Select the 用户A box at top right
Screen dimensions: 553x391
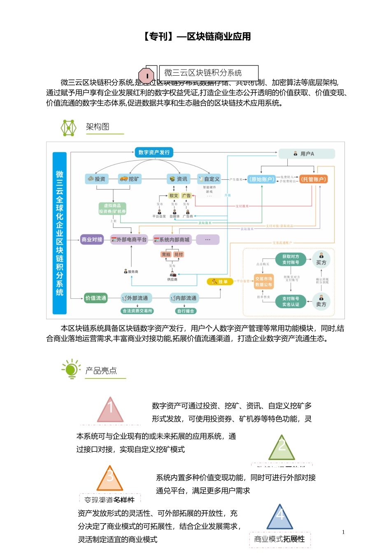pyautogui.click(x=307, y=154)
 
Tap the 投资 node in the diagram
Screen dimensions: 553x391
pyautogui.click(x=97, y=179)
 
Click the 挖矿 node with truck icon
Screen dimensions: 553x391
pyautogui.click(x=130, y=179)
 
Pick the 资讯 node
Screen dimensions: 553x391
pyautogui.click(x=178, y=179)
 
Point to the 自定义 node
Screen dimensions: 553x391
pyautogui.click(x=209, y=179)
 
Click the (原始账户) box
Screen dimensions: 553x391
pyautogui.click(x=261, y=179)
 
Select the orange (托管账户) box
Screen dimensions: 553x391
pyautogui.click(x=313, y=179)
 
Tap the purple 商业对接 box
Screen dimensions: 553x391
pyautogui.click(x=92, y=239)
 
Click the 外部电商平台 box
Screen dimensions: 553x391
pyautogui.click(x=129, y=239)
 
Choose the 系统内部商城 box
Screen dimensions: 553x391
pyautogui.click(x=172, y=239)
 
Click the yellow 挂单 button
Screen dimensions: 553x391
pyautogui.click(x=220, y=281)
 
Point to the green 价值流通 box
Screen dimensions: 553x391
pyautogui.click(x=95, y=298)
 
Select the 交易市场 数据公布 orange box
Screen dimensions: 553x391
pyautogui.click(x=263, y=281)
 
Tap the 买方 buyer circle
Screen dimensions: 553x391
pyautogui.click(x=321, y=259)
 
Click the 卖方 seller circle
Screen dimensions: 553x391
pyautogui.click(x=321, y=302)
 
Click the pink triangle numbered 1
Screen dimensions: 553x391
pyautogui.click(x=110, y=411)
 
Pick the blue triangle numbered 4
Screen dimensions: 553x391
pyautogui.click(x=280, y=518)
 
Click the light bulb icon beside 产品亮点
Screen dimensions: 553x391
pyautogui.click(x=71, y=369)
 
